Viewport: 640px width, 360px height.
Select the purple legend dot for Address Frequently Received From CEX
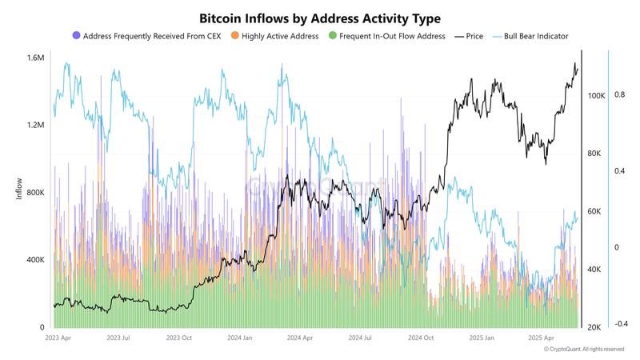(x=76, y=36)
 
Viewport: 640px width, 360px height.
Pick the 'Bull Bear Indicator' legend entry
(x=536, y=36)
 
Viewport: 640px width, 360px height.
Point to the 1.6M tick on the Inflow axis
(x=34, y=58)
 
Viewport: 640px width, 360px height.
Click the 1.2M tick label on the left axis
(x=34, y=126)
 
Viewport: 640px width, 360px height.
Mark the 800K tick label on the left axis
(x=34, y=193)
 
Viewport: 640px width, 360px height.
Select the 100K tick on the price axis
(x=595, y=96)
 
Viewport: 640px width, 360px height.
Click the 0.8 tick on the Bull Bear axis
(x=620, y=94)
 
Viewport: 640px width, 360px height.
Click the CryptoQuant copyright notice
(x=584, y=350)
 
